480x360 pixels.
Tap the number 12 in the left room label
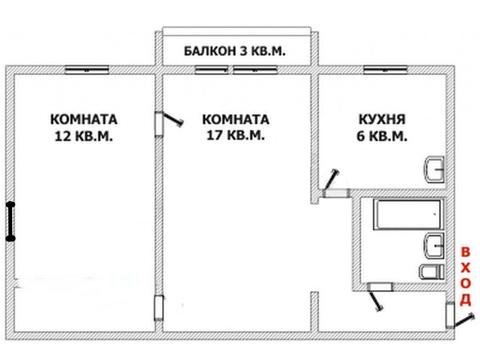coord(67,137)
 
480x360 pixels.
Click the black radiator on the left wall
coord(10,220)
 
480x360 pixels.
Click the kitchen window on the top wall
coord(384,71)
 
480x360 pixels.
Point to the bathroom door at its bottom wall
coord(378,291)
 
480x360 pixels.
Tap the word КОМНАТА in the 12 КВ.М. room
coord(83,118)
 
